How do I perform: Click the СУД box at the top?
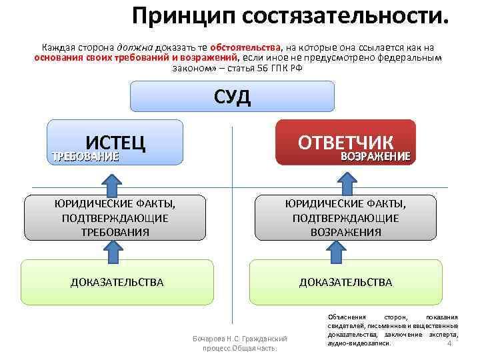232,96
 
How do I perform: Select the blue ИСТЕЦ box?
115,142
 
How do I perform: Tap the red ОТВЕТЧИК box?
346,142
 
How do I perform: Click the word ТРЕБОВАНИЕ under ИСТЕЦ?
85,157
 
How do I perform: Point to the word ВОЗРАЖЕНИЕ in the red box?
375,157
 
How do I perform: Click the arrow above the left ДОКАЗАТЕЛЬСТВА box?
114,251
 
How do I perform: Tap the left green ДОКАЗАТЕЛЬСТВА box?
117,283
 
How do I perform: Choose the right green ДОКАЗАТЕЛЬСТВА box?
345,283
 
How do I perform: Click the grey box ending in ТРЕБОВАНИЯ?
114,217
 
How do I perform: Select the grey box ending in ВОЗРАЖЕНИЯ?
345,217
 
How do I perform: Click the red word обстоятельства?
245,48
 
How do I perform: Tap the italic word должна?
135,48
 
